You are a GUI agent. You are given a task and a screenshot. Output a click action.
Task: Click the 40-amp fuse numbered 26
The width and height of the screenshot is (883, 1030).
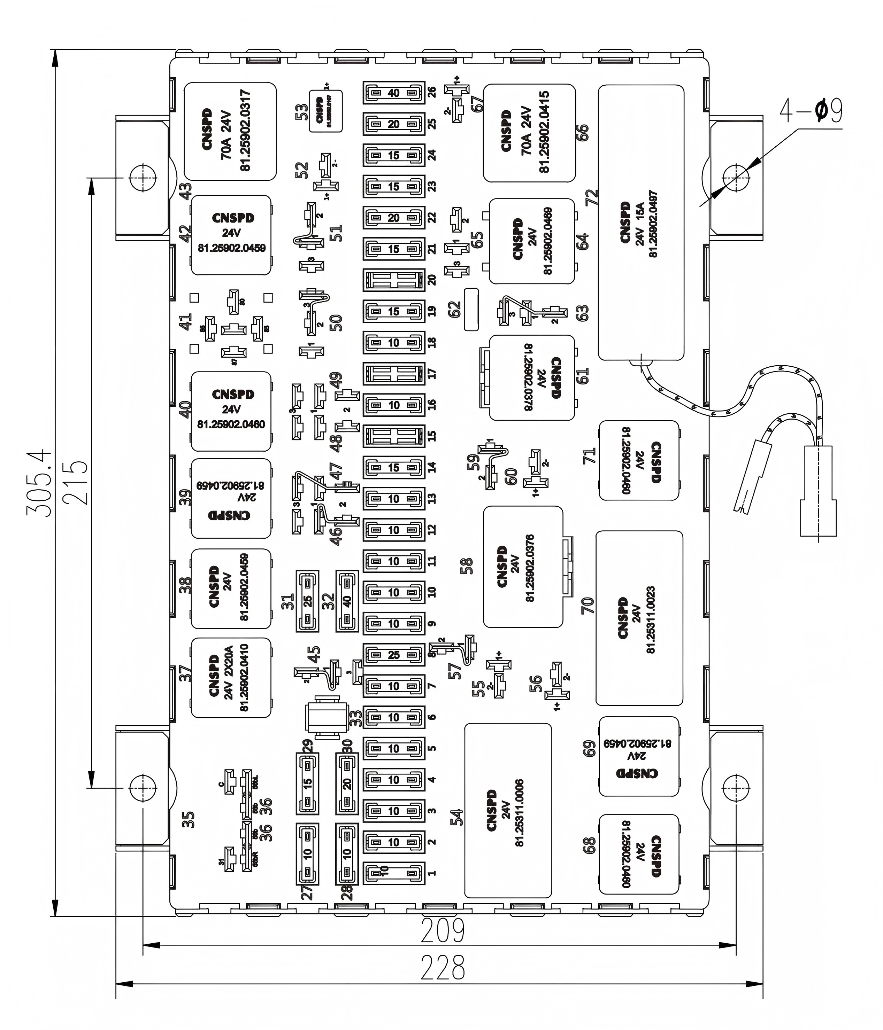(393, 93)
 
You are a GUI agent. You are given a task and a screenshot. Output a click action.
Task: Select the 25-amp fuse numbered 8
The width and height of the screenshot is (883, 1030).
(393, 655)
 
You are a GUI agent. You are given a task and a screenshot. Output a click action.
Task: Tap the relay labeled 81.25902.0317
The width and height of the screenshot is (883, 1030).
(230, 131)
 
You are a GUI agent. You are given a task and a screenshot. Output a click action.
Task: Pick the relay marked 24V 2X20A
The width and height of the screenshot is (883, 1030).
(231, 678)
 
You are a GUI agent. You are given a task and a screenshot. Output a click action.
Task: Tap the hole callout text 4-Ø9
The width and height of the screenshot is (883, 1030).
(811, 111)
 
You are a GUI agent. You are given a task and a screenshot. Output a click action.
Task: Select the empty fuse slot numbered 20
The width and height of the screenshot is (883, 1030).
(393, 280)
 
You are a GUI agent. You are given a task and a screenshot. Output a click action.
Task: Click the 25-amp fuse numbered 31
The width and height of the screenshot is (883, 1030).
(307, 601)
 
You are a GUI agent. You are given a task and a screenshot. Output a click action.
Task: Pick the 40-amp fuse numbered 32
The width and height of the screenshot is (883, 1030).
(347, 601)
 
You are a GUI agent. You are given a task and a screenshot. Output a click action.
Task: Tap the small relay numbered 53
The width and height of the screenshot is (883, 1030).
(326, 111)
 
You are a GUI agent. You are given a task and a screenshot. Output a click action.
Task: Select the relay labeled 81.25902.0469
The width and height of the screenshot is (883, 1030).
(532, 241)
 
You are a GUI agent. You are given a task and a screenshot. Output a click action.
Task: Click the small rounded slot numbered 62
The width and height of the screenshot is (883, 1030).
(471, 309)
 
